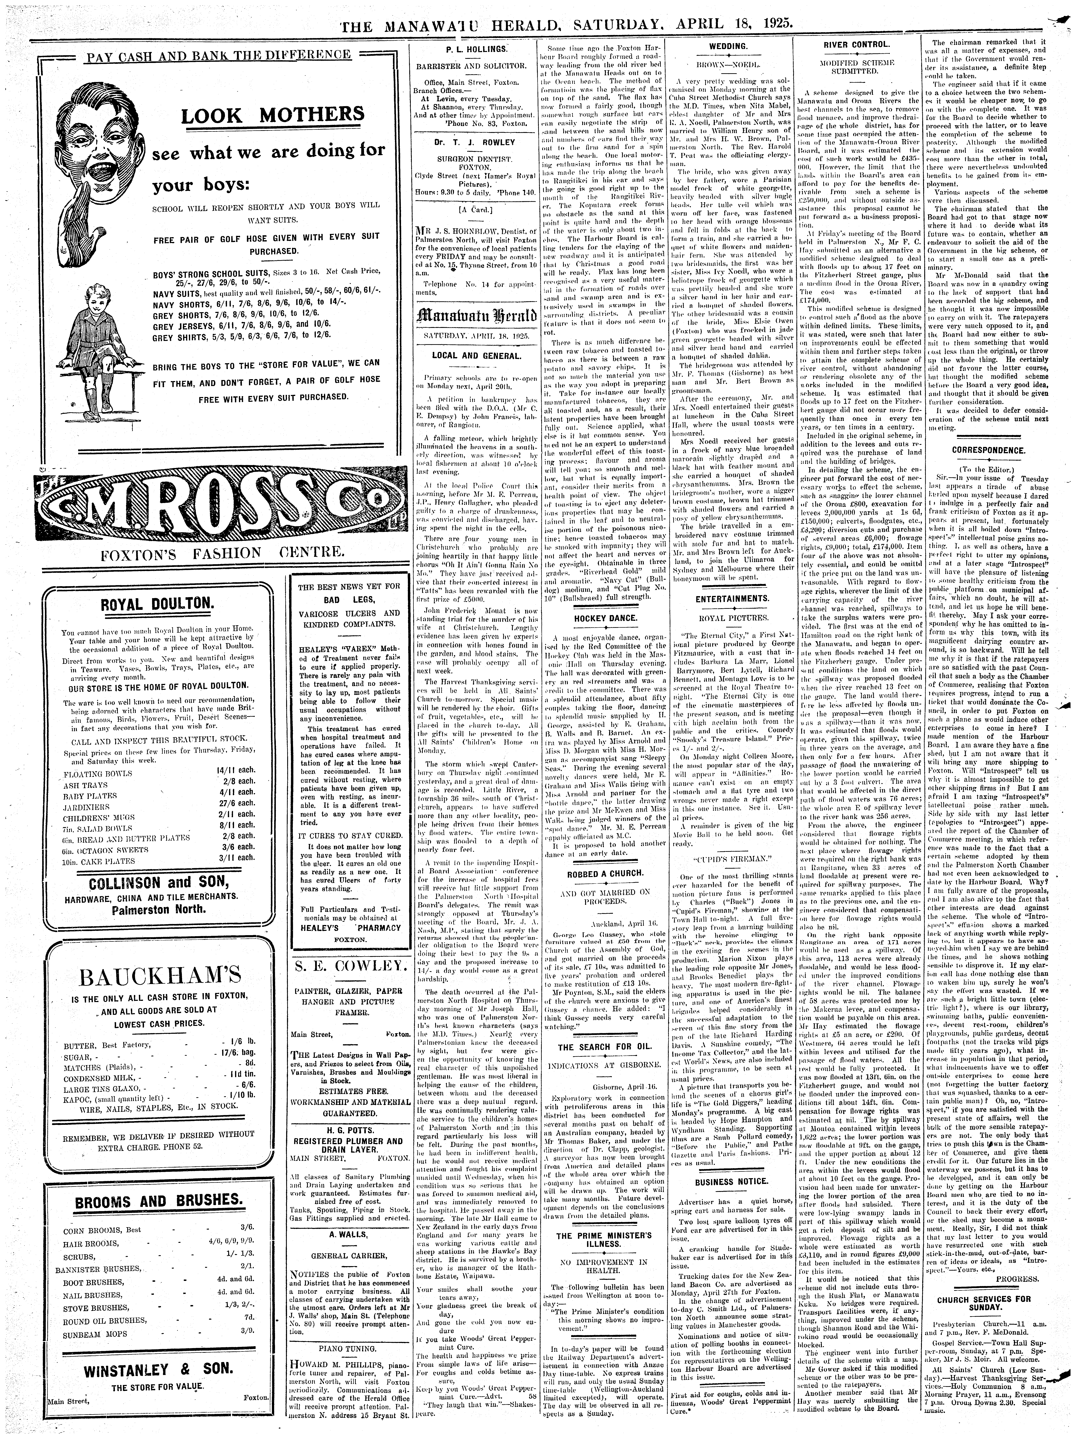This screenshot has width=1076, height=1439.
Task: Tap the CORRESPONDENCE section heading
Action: pos(984,450)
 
